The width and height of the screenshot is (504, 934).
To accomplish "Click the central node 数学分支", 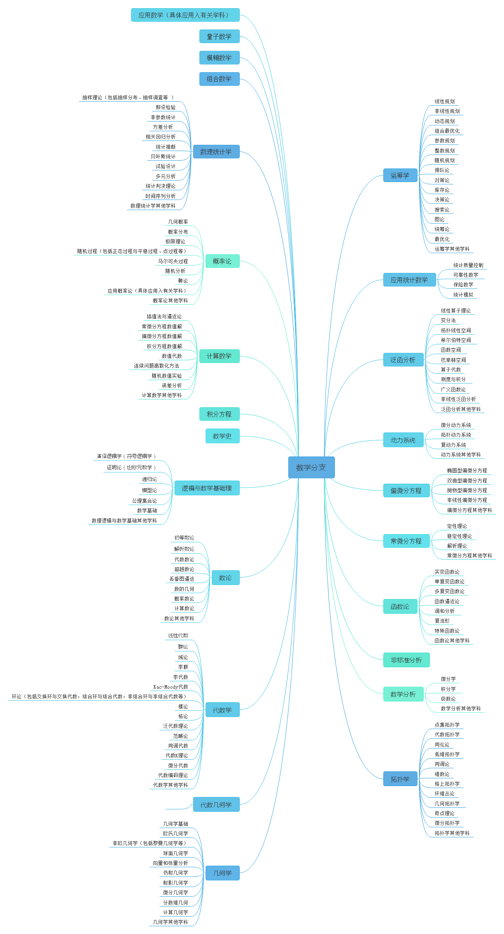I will coord(311,467).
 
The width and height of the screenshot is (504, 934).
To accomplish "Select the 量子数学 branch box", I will coord(219,37).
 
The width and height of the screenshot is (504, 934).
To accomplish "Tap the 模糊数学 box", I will coord(219,58).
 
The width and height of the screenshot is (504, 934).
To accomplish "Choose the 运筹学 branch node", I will coord(400,175).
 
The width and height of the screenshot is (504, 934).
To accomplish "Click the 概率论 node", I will coord(222,261).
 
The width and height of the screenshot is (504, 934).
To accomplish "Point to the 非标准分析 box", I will coord(406,660).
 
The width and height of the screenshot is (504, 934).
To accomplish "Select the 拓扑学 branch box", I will coord(400,779).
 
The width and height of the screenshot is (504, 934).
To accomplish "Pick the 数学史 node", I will coord(222,436).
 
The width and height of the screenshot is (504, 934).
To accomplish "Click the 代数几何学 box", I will coord(216,805).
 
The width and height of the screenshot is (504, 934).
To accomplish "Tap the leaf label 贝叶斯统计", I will coord(163,156).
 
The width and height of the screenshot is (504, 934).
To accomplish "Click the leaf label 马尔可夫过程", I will coord(173,261).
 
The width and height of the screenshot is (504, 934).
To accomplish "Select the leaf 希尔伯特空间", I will coord(456,340).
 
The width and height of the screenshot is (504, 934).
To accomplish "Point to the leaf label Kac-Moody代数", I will coord(171,687).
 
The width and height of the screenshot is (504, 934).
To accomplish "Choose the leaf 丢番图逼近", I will coord(182,579).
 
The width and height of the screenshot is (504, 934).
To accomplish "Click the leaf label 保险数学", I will coord(463,285).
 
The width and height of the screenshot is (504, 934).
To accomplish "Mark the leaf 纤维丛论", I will coord(444,793).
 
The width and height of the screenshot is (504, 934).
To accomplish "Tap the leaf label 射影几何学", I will coord(175,883).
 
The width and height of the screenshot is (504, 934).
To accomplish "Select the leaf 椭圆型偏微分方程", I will coord(467,470).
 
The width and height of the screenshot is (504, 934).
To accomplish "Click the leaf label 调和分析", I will coord(444,611).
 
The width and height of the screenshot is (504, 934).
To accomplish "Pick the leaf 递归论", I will coord(149,479).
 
